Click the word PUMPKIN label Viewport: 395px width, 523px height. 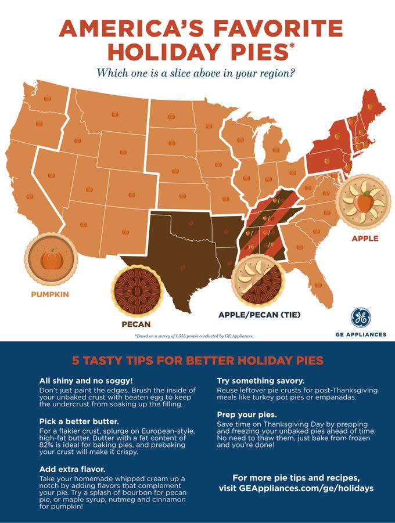coord(49,294)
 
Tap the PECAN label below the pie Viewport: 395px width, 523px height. coord(135,324)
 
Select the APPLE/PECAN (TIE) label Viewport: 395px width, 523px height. coord(259,315)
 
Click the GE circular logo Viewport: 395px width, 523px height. coord(360,318)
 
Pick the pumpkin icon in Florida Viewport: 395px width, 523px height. coord(317,284)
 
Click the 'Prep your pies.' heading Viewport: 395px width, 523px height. coord(247,415)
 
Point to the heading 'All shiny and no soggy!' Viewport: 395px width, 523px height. coord(86,381)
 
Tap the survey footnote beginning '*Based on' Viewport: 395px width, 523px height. coord(193,336)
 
